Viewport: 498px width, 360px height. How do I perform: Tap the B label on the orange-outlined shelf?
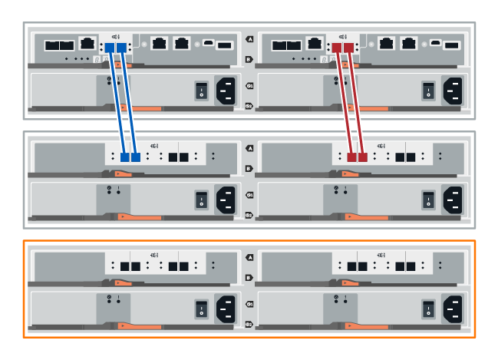[249, 278]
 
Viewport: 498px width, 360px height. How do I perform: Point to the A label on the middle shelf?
[249, 148]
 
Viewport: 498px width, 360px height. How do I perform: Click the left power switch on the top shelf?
[200, 91]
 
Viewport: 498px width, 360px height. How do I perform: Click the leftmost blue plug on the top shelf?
[110, 48]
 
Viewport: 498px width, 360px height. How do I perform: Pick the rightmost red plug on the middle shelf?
[363, 157]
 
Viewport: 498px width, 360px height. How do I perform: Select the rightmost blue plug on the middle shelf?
[136, 157]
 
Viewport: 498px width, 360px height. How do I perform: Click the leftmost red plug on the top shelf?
[338, 48]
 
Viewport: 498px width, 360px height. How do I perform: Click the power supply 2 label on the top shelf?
[249, 107]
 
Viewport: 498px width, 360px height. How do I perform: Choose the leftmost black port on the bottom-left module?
[125, 266]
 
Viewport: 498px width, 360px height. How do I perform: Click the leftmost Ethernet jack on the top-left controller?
[89, 45]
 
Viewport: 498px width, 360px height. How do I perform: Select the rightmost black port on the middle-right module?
[412, 157]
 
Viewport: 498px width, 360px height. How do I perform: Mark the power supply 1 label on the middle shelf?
[249, 194]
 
